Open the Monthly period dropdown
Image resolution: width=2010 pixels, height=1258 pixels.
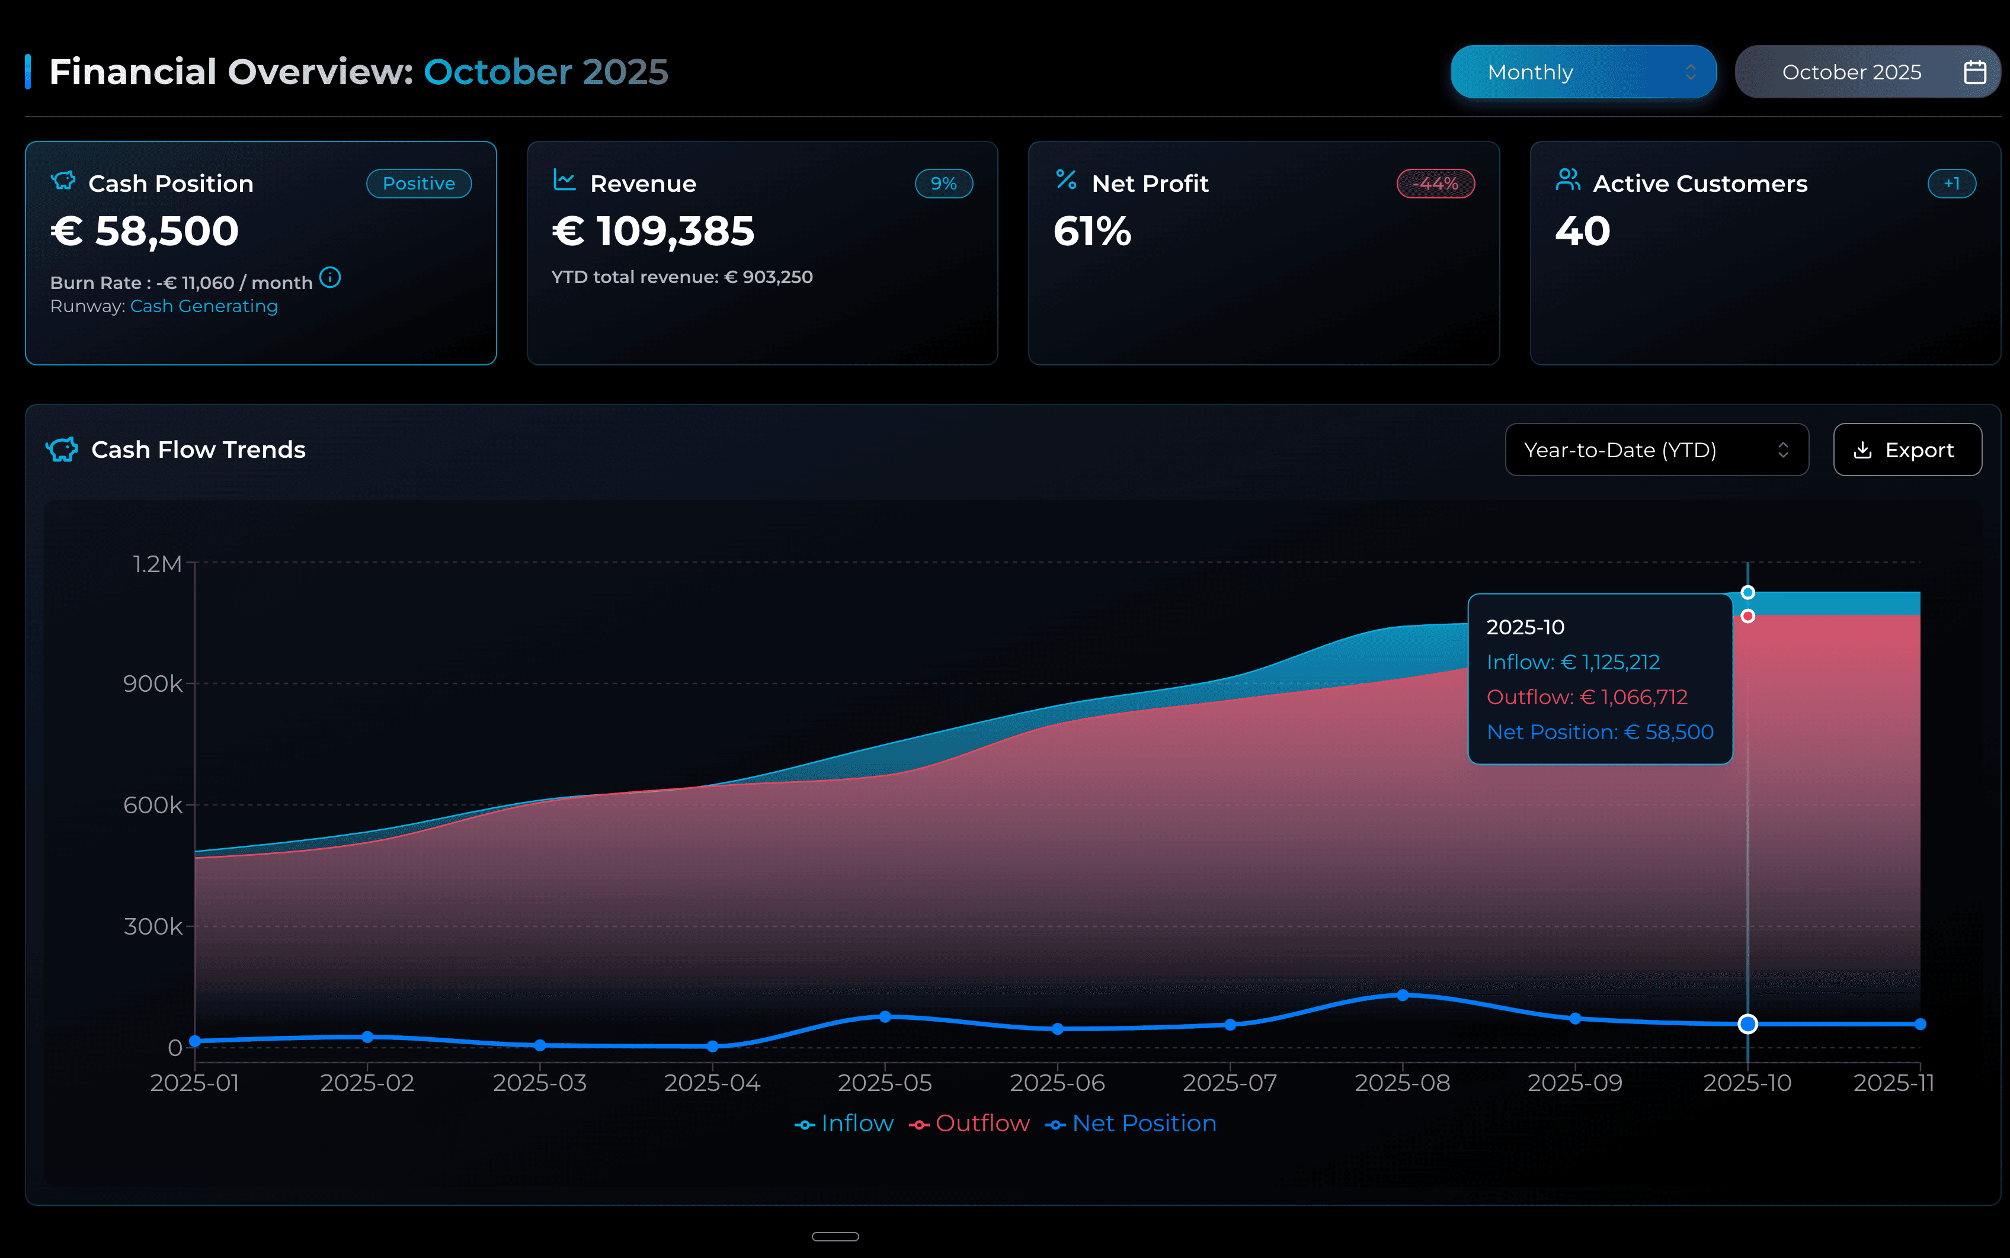[1582, 72]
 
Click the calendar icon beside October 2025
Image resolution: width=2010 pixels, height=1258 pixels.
[1974, 72]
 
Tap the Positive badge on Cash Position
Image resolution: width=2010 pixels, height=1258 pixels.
[418, 183]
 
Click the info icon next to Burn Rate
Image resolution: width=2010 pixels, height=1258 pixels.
[331, 277]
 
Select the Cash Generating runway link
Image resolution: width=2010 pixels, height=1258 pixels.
[204, 306]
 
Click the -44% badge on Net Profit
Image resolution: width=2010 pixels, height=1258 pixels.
[1435, 183]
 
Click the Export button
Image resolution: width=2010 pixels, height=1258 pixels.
[1907, 450]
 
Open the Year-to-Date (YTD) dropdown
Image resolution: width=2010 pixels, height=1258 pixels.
[1656, 450]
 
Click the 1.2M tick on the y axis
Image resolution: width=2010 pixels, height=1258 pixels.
[157, 564]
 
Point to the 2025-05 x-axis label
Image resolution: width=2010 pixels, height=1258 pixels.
[885, 1083]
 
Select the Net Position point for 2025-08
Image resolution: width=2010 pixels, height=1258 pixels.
[1403, 995]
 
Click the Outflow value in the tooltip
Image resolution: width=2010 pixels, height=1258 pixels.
[1586, 697]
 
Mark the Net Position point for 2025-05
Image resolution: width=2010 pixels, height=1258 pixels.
[885, 1017]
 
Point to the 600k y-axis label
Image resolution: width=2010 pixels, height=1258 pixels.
[153, 805]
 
